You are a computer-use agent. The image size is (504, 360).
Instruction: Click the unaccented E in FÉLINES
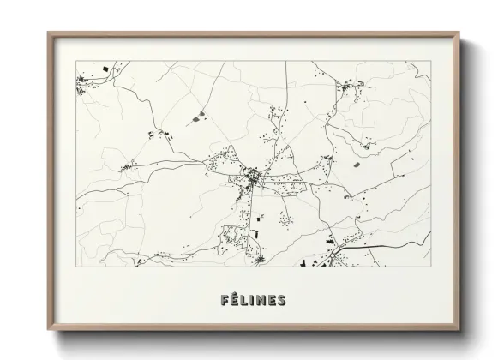point(274,301)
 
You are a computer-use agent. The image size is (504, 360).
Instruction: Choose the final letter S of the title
point(286,301)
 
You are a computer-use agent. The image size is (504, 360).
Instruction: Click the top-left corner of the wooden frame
point(48,33)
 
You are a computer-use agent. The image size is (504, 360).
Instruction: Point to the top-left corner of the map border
point(75,61)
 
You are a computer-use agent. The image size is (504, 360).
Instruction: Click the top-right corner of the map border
point(431,61)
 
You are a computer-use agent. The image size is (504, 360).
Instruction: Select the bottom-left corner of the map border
point(75,270)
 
